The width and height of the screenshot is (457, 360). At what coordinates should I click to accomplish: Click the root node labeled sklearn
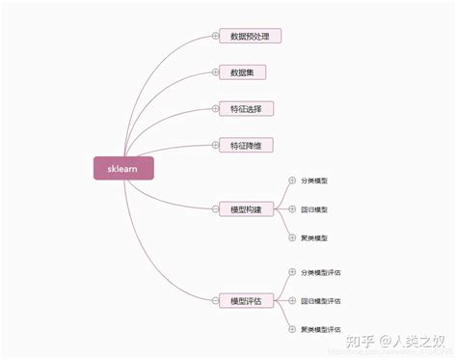click(122, 168)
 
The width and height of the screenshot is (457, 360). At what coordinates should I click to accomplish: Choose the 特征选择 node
click(246, 108)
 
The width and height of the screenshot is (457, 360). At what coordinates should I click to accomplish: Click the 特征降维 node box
click(246, 145)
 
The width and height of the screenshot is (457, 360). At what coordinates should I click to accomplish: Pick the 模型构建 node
click(246, 208)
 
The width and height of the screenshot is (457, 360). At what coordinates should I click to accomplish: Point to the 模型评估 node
click(246, 301)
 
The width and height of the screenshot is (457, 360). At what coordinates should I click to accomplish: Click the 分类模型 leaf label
click(314, 180)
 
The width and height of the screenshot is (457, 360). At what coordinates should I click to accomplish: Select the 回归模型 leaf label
click(314, 208)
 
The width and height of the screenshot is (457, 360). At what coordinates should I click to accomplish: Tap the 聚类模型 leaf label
click(314, 237)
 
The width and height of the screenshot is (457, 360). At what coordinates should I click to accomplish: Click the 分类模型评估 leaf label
click(320, 273)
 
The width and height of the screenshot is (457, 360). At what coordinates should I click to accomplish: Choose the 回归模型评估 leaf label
click(320, 301)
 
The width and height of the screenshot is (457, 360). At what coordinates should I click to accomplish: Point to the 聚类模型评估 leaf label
click(320, 330)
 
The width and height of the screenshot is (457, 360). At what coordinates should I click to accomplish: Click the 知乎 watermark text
click(363, 341)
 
